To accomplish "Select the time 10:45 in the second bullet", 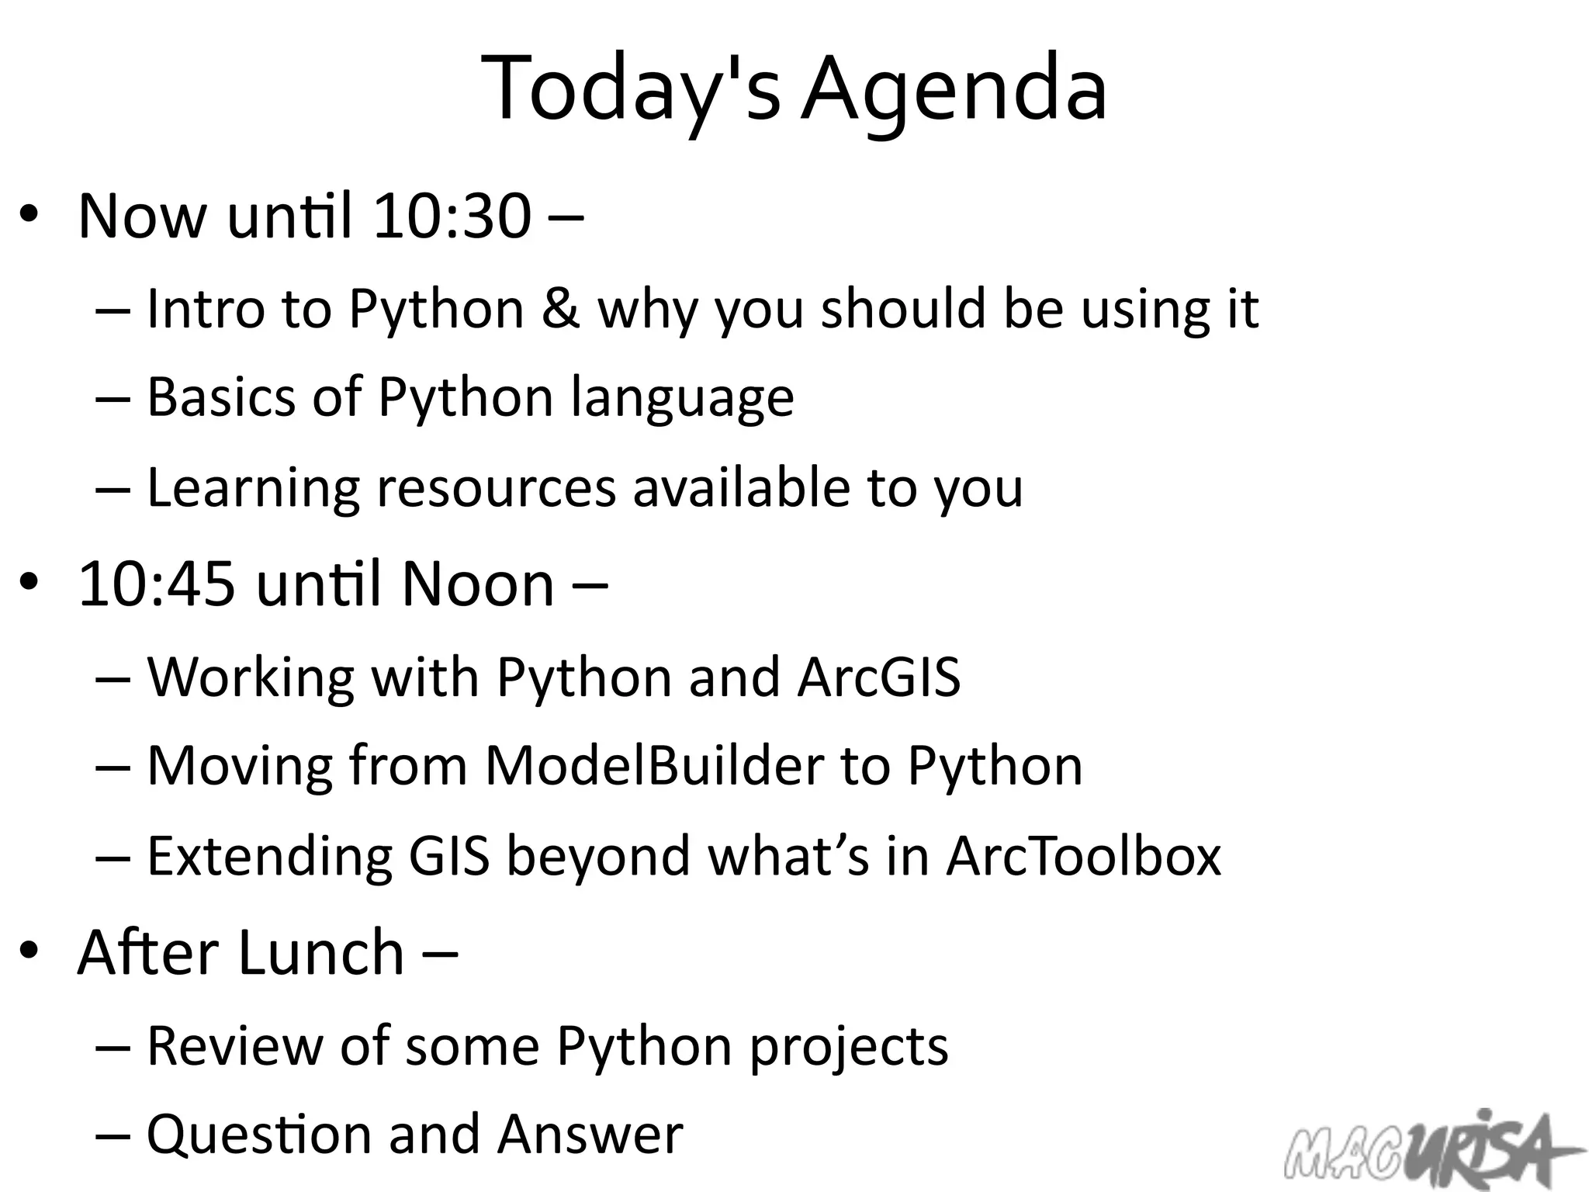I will pos(157,584).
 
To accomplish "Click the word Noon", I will pos(478,584).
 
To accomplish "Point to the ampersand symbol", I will pos(561,309).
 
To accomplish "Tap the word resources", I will pos(497,488).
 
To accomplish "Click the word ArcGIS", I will pos(879,677).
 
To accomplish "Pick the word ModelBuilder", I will pos(654,766).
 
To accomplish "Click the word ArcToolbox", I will pos(1084,856).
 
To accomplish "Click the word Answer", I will pos(590,1135).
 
